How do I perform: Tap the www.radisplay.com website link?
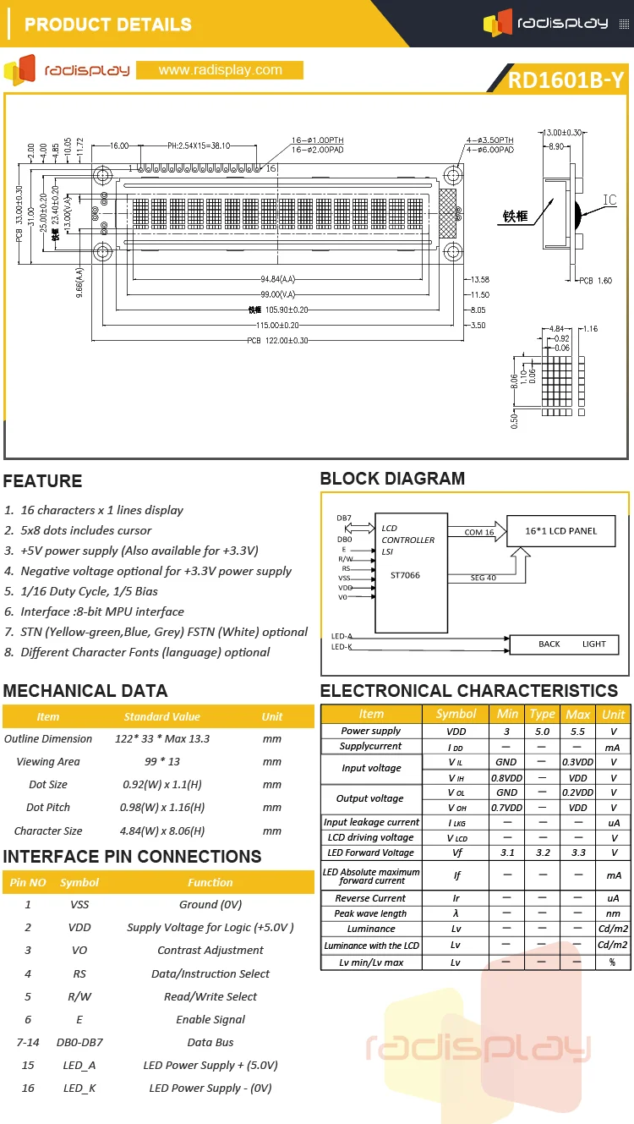point(220,70)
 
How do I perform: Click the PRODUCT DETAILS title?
point(108,25)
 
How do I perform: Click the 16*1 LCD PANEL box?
point(560,531)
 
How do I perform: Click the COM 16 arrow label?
point(479,532)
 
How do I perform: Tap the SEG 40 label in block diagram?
point(484,578)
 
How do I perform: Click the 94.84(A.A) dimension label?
point(277,279)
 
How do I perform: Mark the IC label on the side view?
point(609,200)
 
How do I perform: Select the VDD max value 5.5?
point(577,731)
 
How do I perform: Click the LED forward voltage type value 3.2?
point(542,853)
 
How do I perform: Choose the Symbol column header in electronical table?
point(456,714)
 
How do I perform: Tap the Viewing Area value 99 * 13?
point(161,761)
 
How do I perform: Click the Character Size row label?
point(48,831)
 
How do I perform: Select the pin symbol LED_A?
point(79,1065)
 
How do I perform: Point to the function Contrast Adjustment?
point(210,950)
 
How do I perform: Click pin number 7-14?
point(28,1042)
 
